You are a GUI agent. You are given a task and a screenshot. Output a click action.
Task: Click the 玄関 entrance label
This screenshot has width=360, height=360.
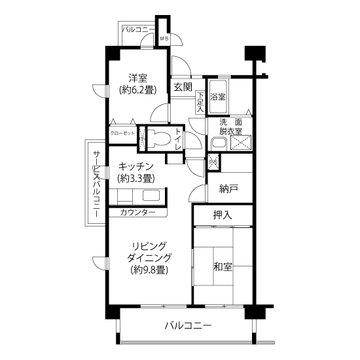(183, 87)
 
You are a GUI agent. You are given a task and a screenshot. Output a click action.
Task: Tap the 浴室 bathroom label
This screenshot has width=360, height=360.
(218, 97)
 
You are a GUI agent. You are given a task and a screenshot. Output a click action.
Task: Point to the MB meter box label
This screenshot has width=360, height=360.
(164, 39)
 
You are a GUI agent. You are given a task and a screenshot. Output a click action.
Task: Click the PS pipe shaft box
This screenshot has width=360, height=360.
(214, 162)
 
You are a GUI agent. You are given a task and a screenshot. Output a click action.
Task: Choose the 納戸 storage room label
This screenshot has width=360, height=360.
(228, 189)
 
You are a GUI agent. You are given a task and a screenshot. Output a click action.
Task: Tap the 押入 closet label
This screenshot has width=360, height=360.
(223, 215)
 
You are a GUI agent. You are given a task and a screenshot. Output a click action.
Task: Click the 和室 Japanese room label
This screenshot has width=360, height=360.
(223, 267)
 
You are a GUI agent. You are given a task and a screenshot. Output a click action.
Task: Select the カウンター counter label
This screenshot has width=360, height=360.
(137, 212)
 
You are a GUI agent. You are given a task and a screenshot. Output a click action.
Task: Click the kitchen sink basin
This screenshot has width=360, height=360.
(151, 196)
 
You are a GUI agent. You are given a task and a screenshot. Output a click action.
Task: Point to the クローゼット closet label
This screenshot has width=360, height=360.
(122, 134)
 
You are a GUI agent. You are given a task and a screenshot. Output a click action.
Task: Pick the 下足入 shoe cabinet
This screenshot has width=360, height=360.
(200, 102)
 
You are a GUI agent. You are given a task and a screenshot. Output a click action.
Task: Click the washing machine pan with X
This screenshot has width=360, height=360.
(241, 143)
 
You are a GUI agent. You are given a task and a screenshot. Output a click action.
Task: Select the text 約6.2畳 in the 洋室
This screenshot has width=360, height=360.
(137, 90)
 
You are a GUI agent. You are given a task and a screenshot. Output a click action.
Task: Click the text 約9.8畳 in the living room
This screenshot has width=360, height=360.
(149, 270)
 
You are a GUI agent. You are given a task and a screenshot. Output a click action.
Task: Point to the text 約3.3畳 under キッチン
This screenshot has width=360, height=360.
(136, 179)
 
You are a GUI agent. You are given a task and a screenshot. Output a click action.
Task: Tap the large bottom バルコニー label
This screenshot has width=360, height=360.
(188, 325)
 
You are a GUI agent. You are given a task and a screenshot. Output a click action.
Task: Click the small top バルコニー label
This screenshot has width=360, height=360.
(138, 29)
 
